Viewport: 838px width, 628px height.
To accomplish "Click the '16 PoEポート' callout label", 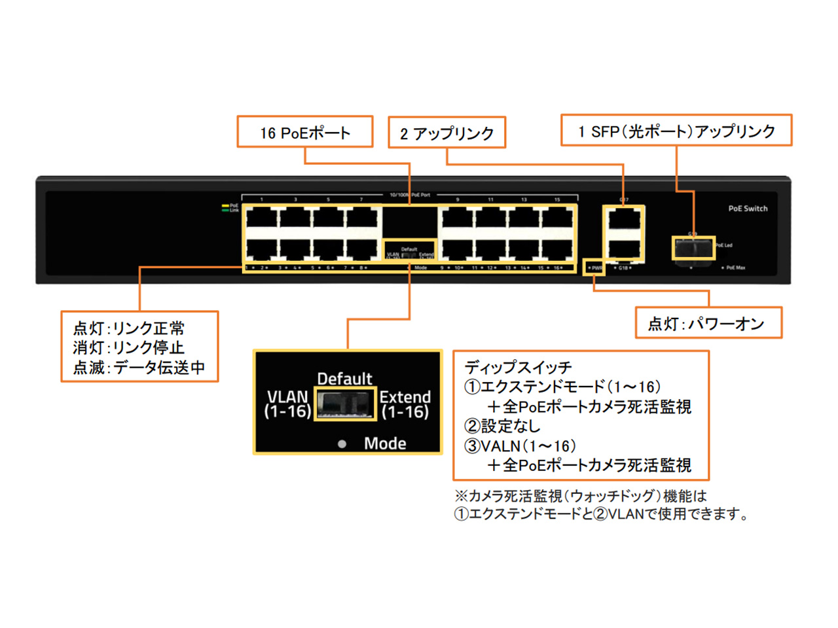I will [305, 133].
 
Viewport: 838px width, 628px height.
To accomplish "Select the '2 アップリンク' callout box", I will [447, 133].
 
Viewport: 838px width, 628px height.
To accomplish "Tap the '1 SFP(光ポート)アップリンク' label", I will [676, 131].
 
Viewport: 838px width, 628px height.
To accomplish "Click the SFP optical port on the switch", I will [693, 249].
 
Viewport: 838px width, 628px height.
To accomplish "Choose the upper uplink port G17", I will [623, 218].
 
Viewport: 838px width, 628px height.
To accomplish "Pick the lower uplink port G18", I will [623, 249].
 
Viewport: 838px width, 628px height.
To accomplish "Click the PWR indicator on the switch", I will [594, 268].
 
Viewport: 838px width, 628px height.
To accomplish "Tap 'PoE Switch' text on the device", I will [748, 209].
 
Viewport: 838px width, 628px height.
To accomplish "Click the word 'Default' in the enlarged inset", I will [344, 379].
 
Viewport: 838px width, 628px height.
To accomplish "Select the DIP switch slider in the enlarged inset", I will [345, 404].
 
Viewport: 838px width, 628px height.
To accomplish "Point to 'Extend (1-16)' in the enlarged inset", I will [405, 404].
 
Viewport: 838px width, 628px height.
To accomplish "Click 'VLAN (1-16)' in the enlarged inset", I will [287, 404].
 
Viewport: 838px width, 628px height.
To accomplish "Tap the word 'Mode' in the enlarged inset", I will [385, 444].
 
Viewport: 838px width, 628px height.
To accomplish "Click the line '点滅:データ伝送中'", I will [139, 368].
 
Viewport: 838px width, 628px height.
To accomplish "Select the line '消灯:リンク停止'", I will [129, 347].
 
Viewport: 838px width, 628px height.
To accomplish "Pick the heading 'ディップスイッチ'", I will [518, 367].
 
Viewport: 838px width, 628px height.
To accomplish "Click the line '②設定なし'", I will [502, 426].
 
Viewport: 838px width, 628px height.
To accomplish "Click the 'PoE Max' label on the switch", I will [735, 268].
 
